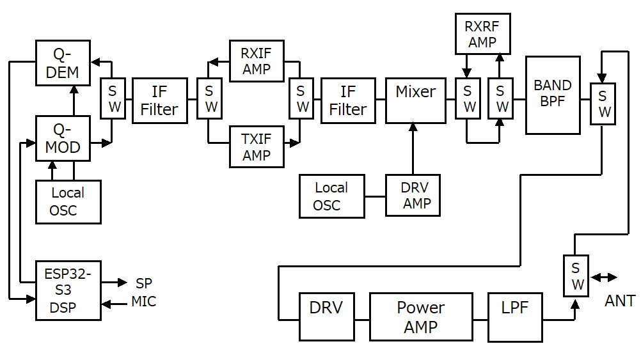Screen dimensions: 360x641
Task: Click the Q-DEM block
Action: point(63,62)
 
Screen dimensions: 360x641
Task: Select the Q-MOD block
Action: point(63,138)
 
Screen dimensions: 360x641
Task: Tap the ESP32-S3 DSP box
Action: point(68,290)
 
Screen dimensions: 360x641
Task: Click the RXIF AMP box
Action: point(256,61)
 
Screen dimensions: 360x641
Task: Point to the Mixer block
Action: point(415,100)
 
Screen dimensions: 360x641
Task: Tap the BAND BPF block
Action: point(553,95)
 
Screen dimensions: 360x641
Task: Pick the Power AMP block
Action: point(420,317)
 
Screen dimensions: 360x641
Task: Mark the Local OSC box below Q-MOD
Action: point(68,201)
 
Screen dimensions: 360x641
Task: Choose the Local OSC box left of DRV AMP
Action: point(331,196)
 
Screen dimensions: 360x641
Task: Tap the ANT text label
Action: point(619,301)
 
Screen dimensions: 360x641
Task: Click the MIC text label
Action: point(144,301)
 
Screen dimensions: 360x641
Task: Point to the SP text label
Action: point(144,283)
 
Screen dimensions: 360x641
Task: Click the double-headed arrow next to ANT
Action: point(605,278)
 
